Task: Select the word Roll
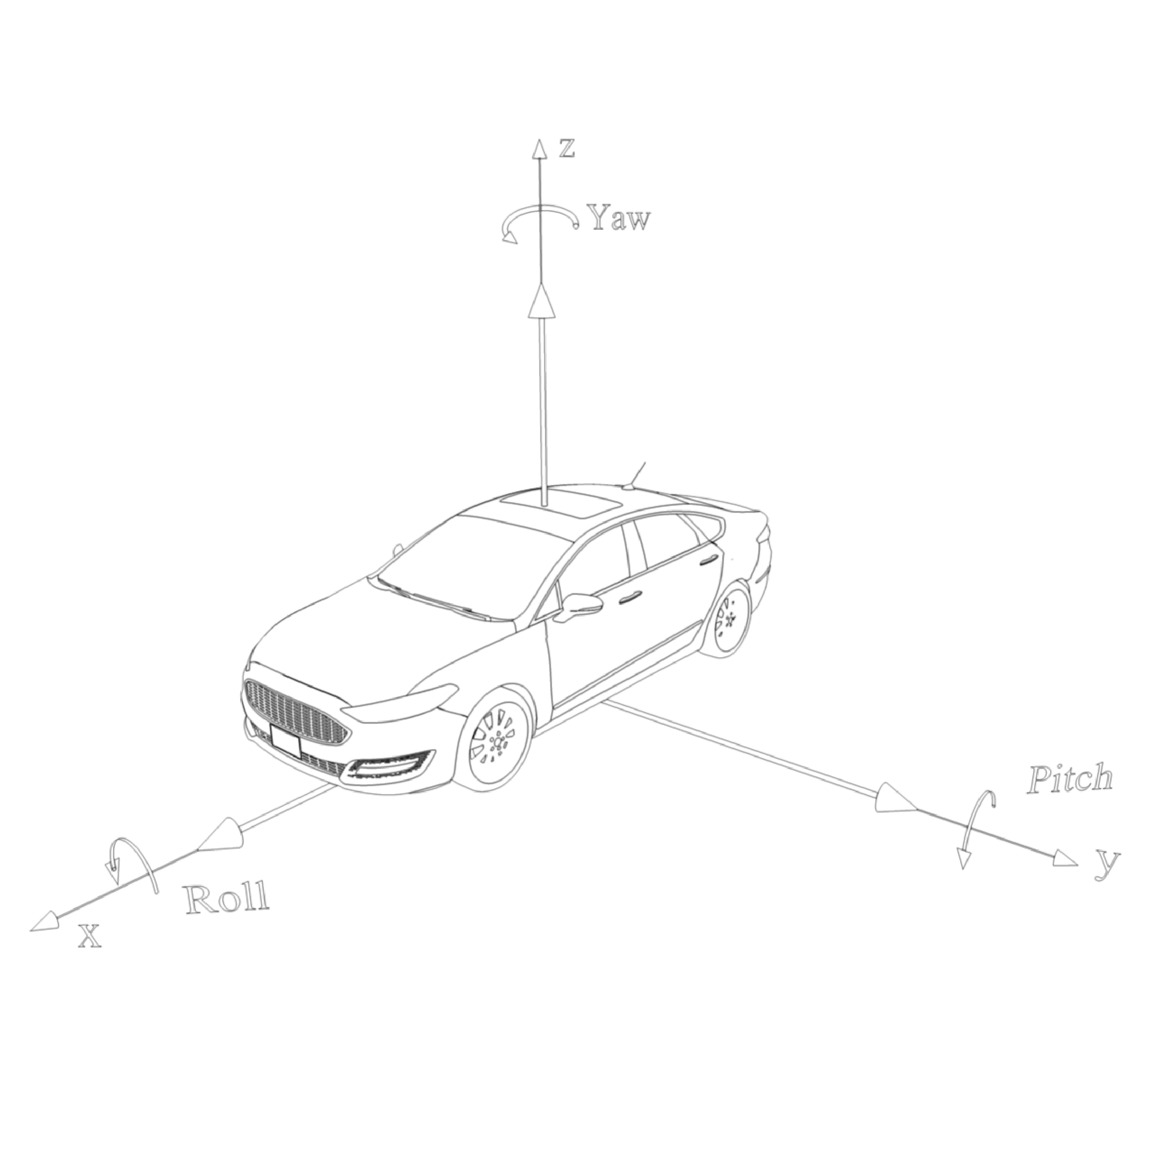tap(227, 899)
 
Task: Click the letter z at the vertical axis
tap(567, 148)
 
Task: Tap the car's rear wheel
tap(728, 619)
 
